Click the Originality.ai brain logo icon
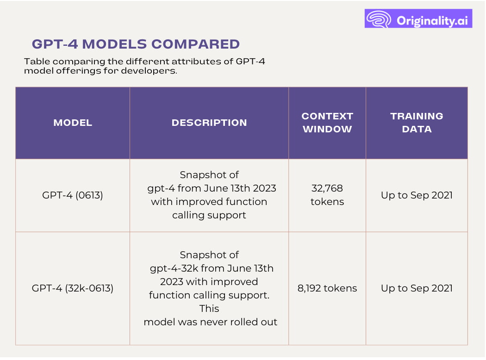click(379, 19)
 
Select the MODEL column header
click(73, 123)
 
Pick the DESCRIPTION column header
click(209, 123)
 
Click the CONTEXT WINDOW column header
click(327, 123)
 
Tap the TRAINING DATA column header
click(417, 123)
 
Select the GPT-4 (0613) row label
click(73, 195)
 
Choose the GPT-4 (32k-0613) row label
click(73, 288)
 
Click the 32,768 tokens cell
click(327, 195)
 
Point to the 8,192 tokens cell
click(327, 288)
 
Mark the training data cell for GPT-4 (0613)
click(417, 195)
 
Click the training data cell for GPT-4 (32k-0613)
click(417, 288)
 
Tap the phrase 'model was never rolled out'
click(211, 322)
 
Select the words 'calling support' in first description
click(209, 215)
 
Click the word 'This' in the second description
click(209, 309)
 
